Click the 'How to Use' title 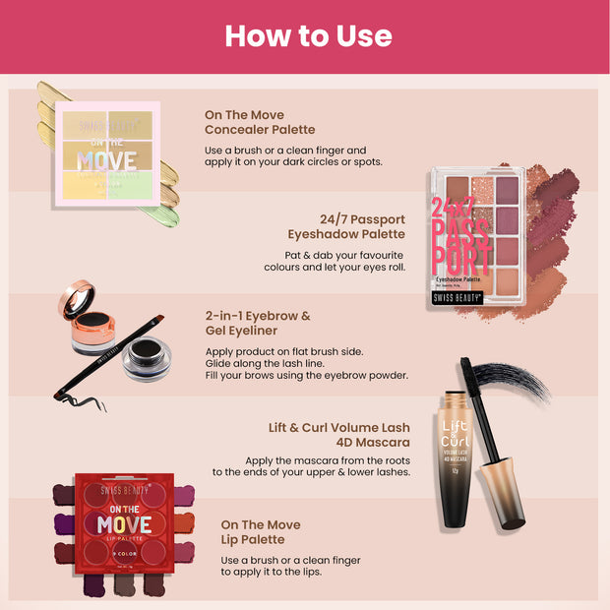pyautogui.click(x=308, y=36)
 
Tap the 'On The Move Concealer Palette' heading pyautogui.click(x=260, y=121)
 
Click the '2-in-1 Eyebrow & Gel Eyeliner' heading pyautogui.click(x=257, y=323)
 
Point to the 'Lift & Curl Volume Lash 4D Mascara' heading pyautogui.click(x=339, y=435)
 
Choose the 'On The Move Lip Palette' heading pyautogui.click(x=261, y=532)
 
